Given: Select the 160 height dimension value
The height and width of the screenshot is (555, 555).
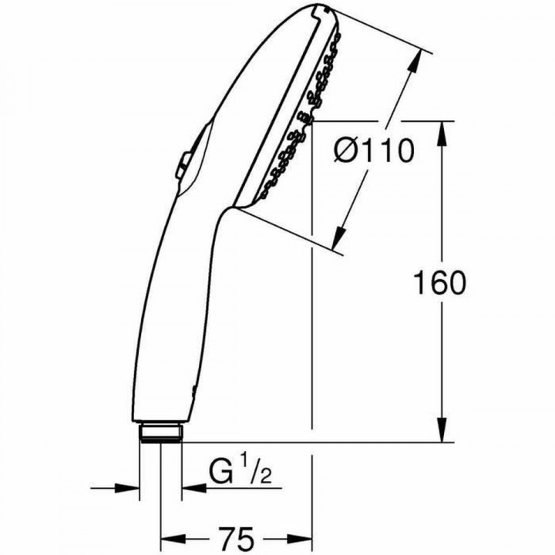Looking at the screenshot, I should [439, 283].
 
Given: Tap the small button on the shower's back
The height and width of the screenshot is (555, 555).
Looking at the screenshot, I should [186, 163].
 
